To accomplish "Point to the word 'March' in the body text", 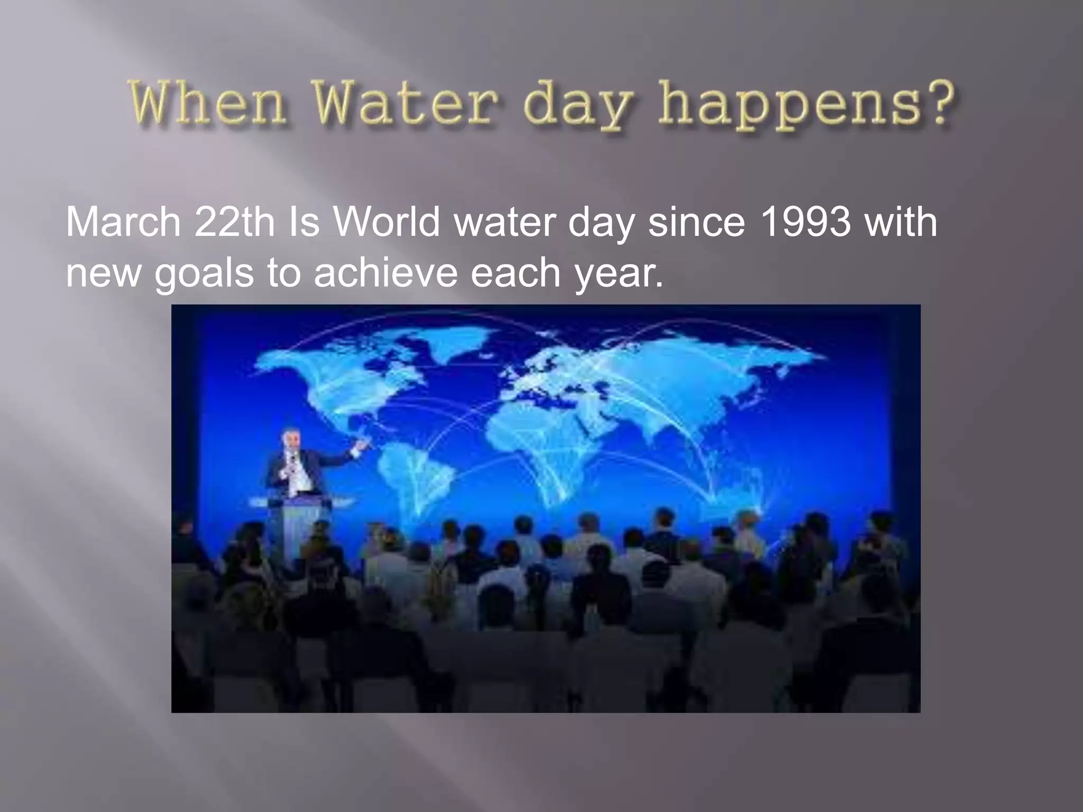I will click(x=123, y=222).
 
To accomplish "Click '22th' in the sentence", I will click(x=234, y=222).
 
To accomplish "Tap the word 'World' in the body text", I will click(x=387, y=222).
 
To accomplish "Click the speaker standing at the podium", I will click(x=293, y=465).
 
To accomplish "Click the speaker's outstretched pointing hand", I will click(x=362, y=446).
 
